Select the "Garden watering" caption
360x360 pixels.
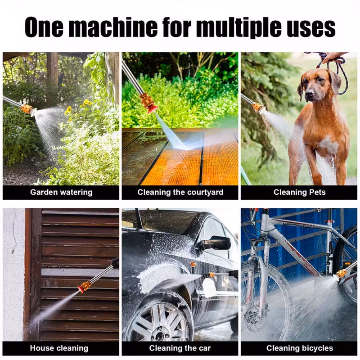(x=61, y=192)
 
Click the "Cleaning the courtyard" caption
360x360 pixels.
(x=180, y=192)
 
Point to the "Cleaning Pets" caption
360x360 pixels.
(x=299, y=192)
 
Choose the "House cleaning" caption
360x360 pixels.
(x=59, y=348)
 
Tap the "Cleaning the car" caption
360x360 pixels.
(x=180, y=348)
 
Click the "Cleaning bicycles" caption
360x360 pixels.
(x=300, y=348)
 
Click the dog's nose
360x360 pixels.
(x=309, y=93)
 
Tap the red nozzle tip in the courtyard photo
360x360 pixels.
(x=152, y=109)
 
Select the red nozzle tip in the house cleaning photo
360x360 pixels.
(x=81, y=288)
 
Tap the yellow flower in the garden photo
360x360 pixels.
(x=87, y=103)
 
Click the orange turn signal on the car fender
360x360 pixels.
(x=193, y=264)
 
